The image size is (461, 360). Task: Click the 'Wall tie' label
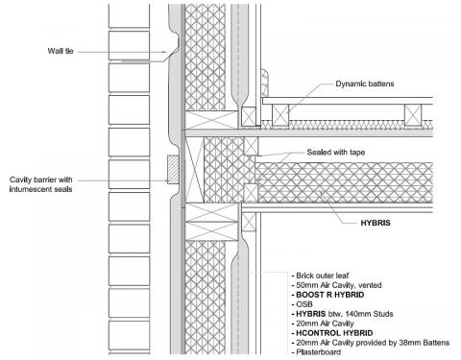pos(61,50)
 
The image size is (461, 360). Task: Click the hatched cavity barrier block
pos(170,172)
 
